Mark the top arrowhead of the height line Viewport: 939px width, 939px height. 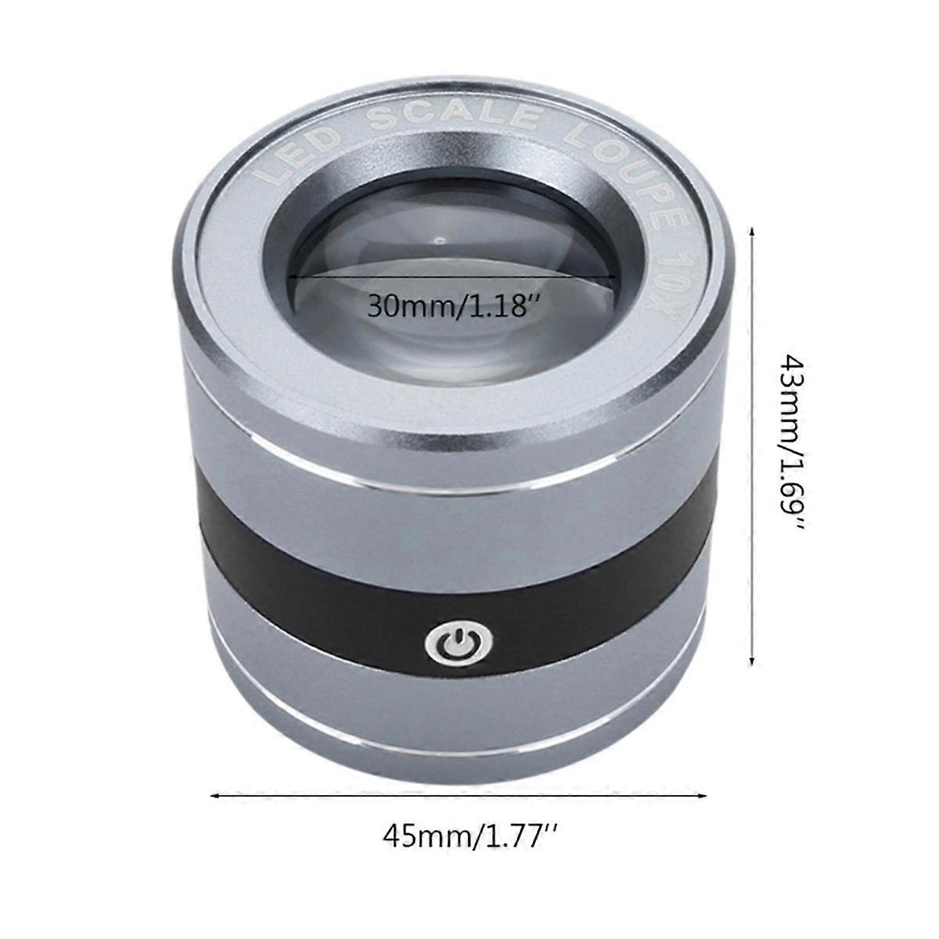[x=752, y=232]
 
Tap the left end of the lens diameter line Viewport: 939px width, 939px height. [x=291, y=276]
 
